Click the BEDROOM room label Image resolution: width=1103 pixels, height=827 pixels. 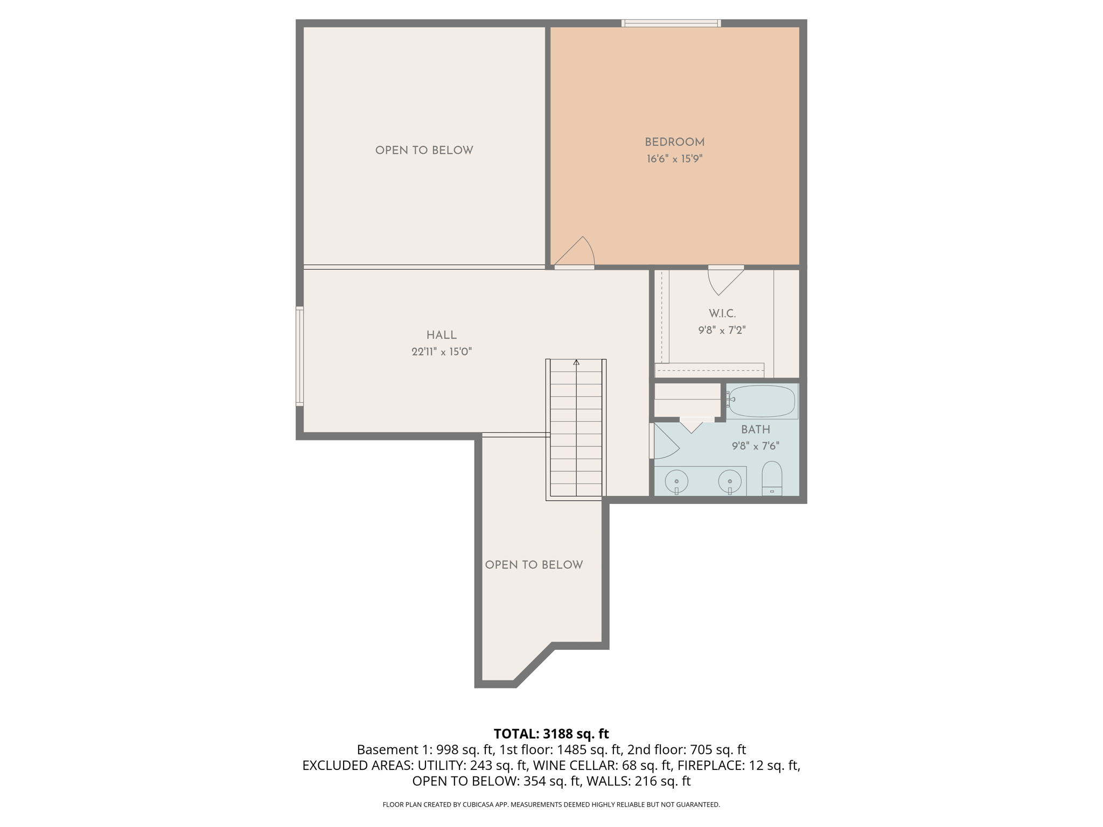click(674, 142)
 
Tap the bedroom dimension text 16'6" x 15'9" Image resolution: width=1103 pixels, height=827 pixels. click(674, 159)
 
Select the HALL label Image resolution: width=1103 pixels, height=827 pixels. click(442, 335)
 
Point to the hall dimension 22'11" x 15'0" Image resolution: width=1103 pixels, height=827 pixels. click(442, 352)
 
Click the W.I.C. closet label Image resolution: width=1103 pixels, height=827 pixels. click(722, 313)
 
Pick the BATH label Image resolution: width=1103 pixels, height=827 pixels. click(756, 430)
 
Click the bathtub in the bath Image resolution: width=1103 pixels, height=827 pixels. click(761, 401)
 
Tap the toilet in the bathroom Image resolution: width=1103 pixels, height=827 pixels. click(772, 478)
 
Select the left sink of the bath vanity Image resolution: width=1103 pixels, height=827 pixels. click(676, 481)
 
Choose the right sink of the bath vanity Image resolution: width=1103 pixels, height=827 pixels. click(730, 481)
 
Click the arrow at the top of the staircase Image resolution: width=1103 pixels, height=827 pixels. click(576, 362)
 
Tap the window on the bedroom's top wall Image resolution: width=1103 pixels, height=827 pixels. click(671, 23)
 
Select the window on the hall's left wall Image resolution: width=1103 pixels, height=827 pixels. click(300, 356)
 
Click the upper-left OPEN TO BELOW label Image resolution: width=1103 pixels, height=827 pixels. click(424, 151)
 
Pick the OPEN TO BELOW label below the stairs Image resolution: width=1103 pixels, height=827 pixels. click(534, 565)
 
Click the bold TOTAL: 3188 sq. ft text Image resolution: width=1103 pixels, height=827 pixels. click(551, 734)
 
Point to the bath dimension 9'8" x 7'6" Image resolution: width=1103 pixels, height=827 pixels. click(756, 446)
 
